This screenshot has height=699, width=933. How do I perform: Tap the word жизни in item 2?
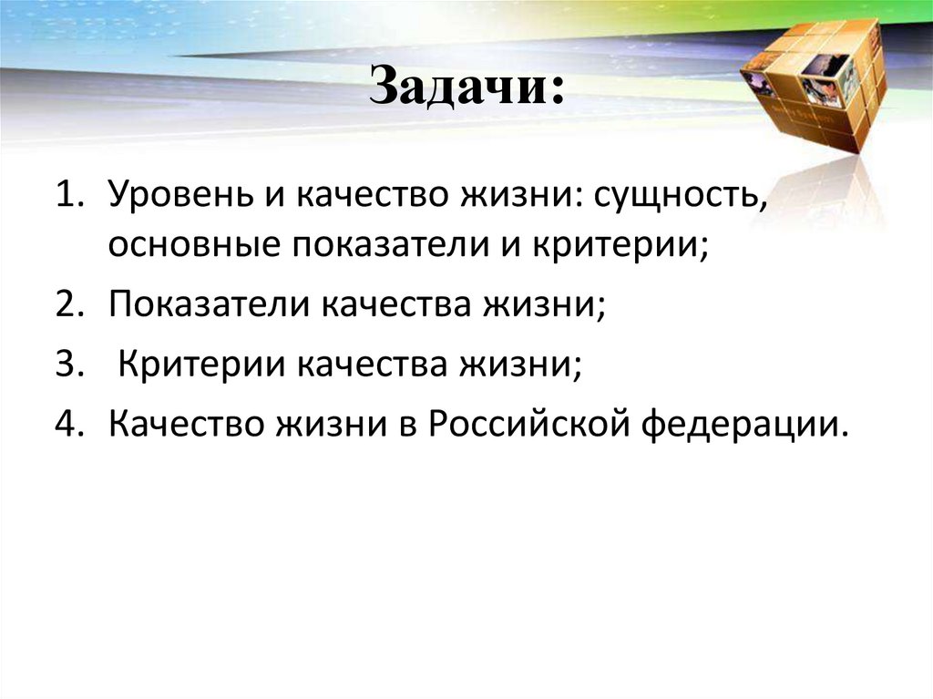point(552,305)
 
